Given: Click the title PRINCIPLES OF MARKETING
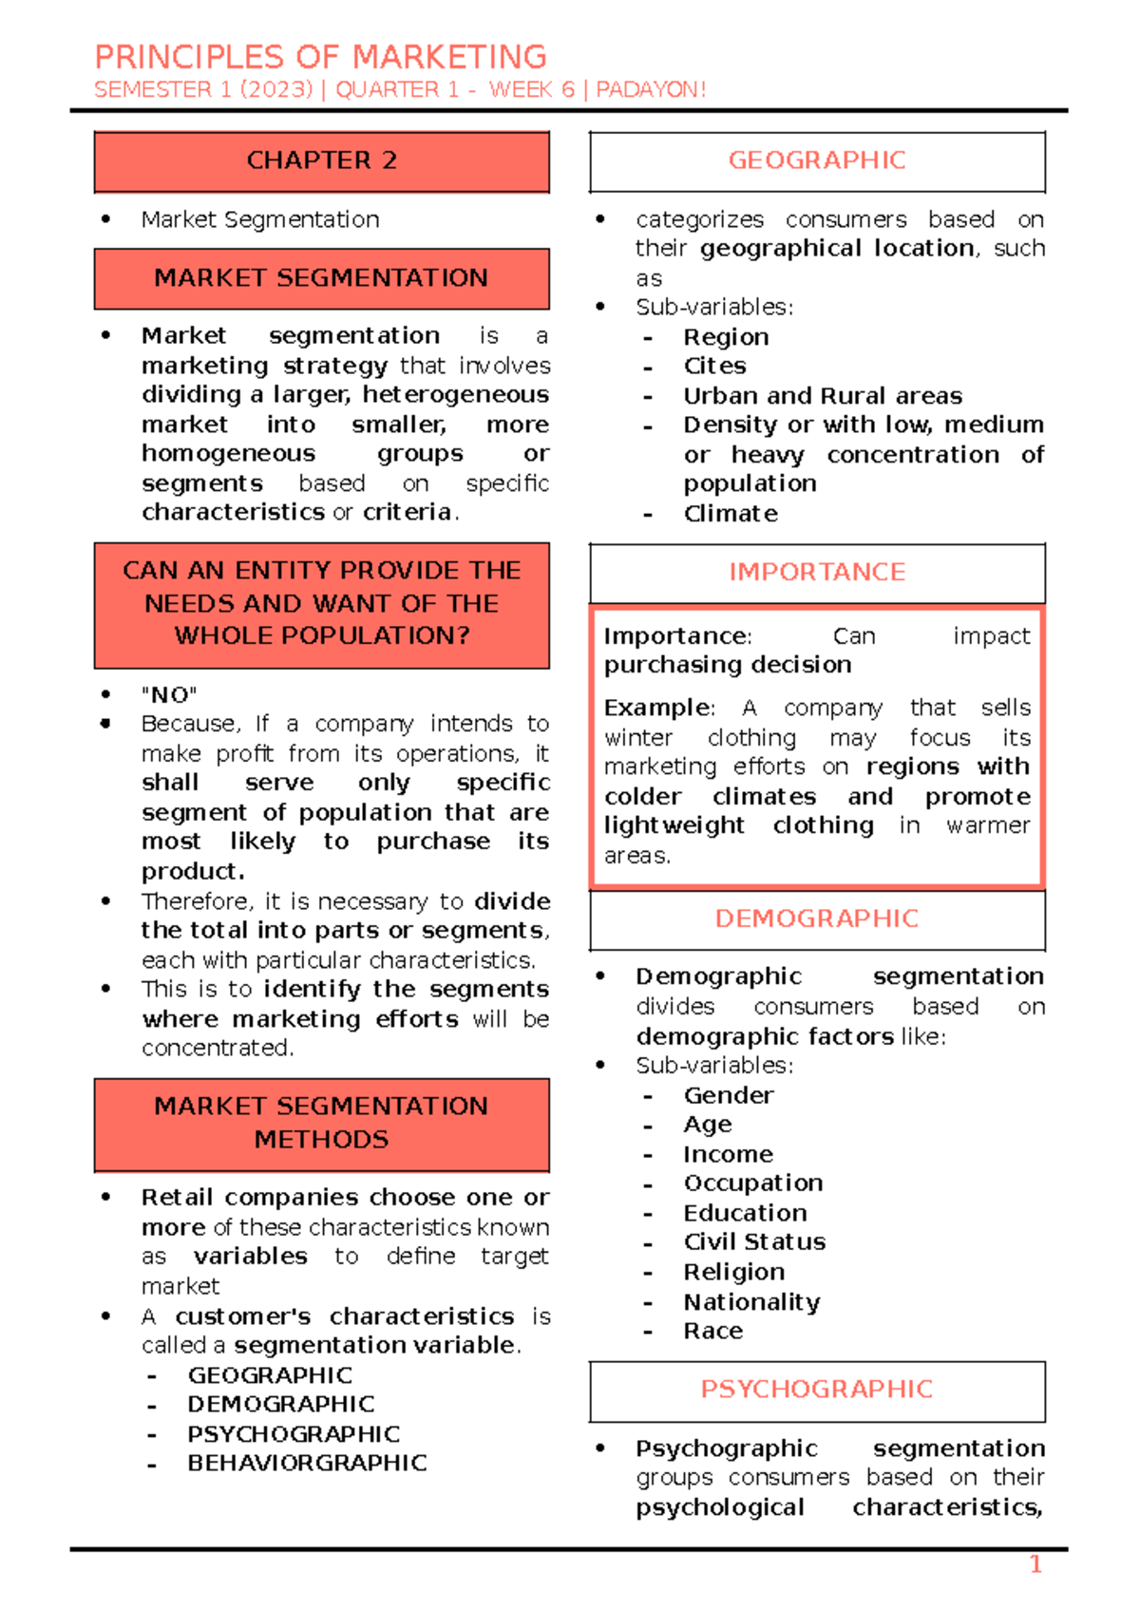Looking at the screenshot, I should [x=320, y=57].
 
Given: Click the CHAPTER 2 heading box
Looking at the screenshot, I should [x=321, y=161].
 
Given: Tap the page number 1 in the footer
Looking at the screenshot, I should [x=1035, y=1564].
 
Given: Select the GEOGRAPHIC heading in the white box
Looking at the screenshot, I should [x=817, y=161].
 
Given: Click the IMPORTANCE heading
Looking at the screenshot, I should [x=817, y=572].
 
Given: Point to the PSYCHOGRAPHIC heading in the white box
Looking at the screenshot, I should [x=817, y=1389].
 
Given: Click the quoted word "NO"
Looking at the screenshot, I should [x=169, y=694].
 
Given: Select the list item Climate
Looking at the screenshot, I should [x=731, y=514].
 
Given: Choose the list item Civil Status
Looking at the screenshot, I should [x=754, y=1242].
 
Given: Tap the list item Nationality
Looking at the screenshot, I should [x=751, y=1301].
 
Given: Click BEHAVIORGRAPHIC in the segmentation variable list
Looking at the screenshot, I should [x=307, y=1463].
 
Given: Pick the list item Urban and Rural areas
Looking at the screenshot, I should [x=823, y=396].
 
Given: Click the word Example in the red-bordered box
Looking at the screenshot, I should [x=657, y=708].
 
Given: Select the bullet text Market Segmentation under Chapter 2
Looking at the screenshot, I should [x=260, y=219].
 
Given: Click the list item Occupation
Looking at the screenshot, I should [x=753, y=1183].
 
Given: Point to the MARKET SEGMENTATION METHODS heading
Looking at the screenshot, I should [x=321, y=1123].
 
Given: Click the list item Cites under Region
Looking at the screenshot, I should [x=714, y=367].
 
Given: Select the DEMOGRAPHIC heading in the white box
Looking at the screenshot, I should [x=817, y=918].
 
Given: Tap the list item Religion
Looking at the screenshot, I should [x=733, y=1272].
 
